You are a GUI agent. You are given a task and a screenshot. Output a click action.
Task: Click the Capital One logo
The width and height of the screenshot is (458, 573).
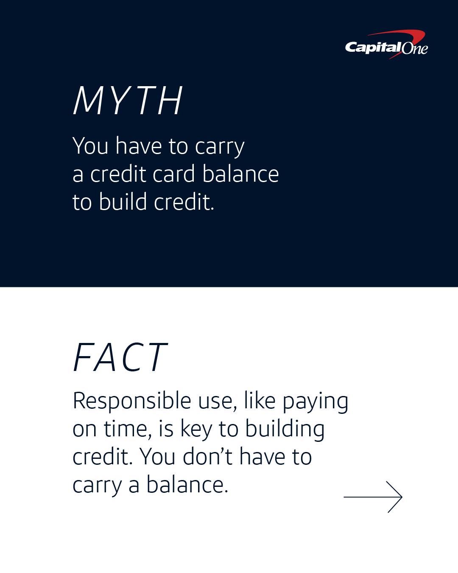coord(386,45)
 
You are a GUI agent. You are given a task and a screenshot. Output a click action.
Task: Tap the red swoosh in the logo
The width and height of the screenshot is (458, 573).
coord(399,37)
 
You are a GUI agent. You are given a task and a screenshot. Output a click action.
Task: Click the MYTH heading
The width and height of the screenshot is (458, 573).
coord(128,101)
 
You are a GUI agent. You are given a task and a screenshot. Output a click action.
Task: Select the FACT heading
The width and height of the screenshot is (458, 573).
coord(120,357)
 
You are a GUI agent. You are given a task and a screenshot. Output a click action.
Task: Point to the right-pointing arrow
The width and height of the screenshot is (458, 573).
coord(373,497)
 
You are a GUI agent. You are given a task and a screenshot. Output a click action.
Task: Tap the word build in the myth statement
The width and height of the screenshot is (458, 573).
coord(123,202)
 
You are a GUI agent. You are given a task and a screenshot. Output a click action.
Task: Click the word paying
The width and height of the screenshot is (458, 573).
coord(315,403)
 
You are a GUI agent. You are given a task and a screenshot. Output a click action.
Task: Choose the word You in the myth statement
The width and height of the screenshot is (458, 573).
coord(90,146)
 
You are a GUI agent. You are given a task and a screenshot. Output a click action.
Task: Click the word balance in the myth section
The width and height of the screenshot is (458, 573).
coord(240,174)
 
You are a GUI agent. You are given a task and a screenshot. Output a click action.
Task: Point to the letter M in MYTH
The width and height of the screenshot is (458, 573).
coord(87,101)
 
